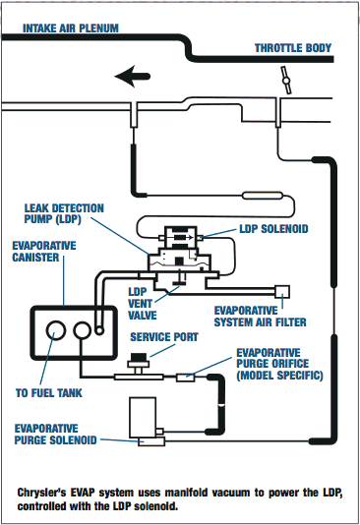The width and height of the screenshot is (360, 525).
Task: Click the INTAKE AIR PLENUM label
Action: click(70, 29)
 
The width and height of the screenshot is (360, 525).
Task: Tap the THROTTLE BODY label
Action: click(293, 48)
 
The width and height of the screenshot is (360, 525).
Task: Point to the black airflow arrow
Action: click(132, 77)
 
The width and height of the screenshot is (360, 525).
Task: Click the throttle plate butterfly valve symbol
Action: click(286, 81)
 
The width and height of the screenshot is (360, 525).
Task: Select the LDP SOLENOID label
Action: click(273, 229)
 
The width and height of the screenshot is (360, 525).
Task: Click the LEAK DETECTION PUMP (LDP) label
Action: click(64, 213)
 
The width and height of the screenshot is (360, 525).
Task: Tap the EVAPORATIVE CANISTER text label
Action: click(44, 252)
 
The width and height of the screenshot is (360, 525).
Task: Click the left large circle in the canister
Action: click(56, 330)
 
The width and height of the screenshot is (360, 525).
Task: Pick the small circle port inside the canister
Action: click(99, 330)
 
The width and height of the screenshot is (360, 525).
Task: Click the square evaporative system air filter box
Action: click(282, 292)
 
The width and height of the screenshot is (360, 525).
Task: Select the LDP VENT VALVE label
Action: click(143, 304)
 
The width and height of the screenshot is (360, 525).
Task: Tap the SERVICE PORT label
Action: click(164, 337)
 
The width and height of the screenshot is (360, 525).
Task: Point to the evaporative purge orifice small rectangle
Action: click(186, 378)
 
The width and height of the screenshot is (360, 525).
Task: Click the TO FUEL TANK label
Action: click(49, 392)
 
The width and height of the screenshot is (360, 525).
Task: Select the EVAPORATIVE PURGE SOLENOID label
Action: click(56, 435)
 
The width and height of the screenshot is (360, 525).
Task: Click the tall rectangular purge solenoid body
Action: click(143, 417)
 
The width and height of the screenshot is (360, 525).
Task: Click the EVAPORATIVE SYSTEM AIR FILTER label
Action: click(261, 317)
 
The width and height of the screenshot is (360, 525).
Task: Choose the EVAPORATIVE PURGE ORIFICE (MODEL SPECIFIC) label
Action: click(279, 364)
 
